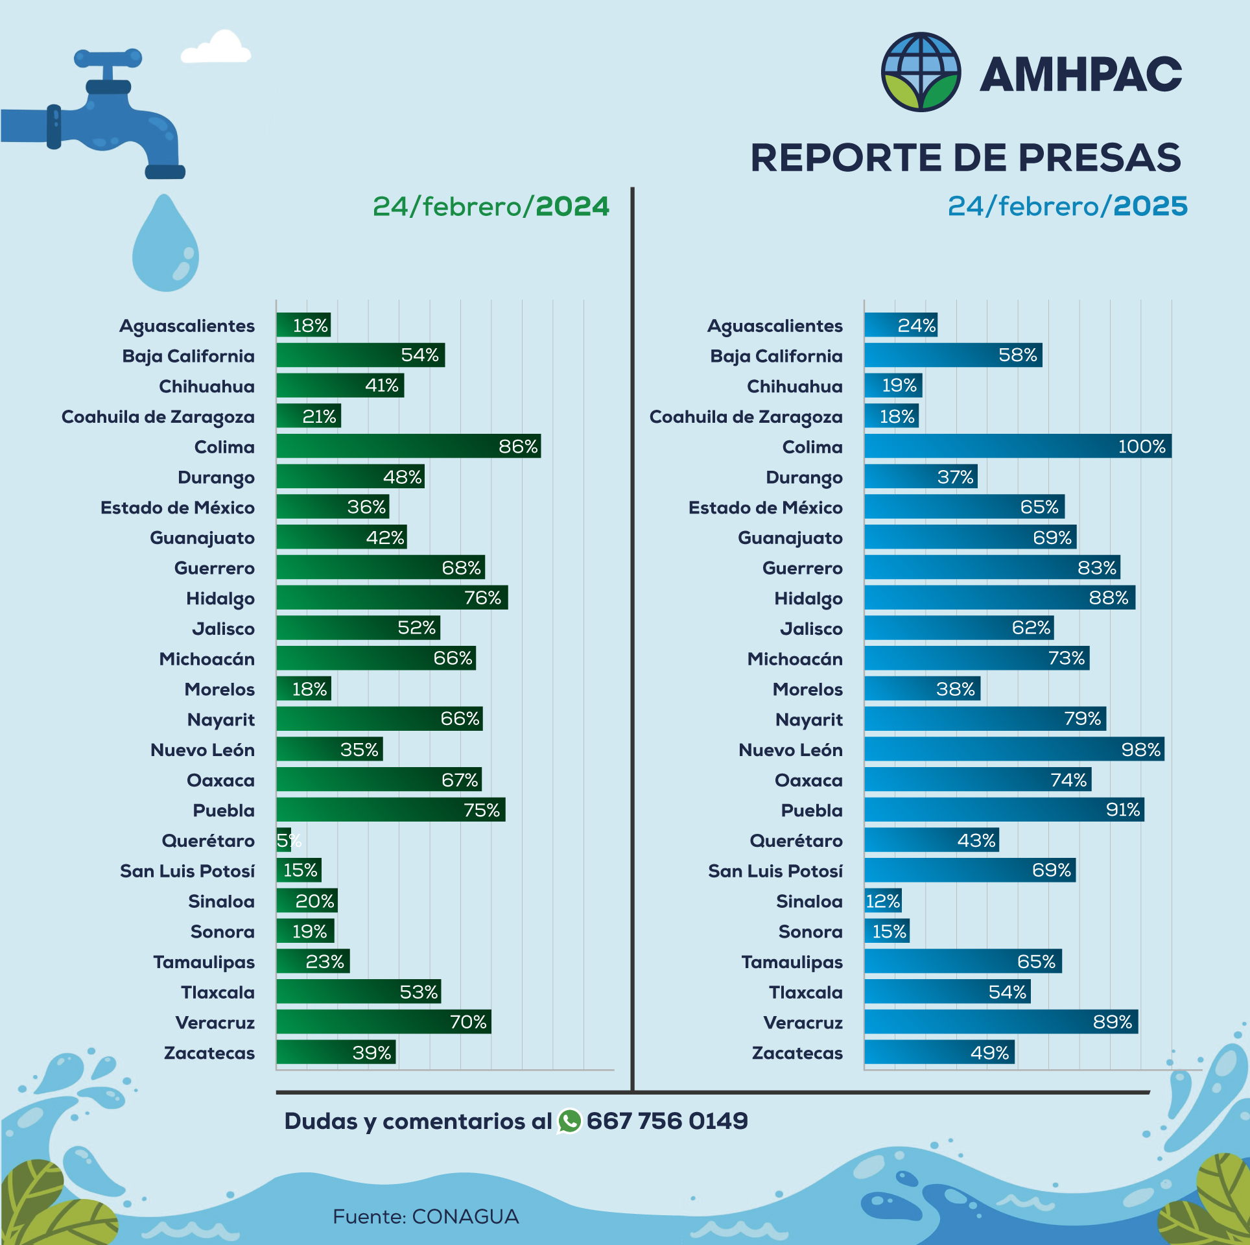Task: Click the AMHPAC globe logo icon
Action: pyautogui.click(x=921, y=72)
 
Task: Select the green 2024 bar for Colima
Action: pyautogui.click(x=408, y=446)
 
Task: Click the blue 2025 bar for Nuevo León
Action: pyautogui.click(x=1014, y=749)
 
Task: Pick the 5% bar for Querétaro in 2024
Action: pyautogui.click(x=283, y=840)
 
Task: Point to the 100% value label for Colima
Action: pyautogui.click(x=1141, y=446)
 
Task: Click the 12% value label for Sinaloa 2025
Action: pyautogui.click(x=883, y=901)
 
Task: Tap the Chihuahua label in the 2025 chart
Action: pyautogui.click(x=794, y=386)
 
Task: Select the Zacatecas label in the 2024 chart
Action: pyautogui.click(x=209, y=1052)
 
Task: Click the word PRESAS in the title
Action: pyautogui.click(x=1100, y=158)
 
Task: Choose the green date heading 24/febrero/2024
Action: pyautogui.click(x=491, y=206)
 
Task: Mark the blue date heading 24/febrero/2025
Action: pyautogui.click(x=1067, y=206)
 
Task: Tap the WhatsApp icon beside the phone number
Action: pyautogui.click(x=569, y=1121)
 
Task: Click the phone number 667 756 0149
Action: pyautogui.click(x=667, y=1121)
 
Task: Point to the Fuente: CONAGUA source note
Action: pyautogui.click(x=425, y=1216)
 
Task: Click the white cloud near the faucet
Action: pyautogui.click(x=216, y=49)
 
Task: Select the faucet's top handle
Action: pyautogui.click(x=108, y=58)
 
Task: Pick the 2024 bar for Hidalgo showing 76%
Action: pyautogui.click(x=392, y=597)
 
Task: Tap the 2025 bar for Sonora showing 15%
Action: pyautogui.click(x=886, y=931)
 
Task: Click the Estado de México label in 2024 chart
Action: pyautogui.click(x=177, y=508)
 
